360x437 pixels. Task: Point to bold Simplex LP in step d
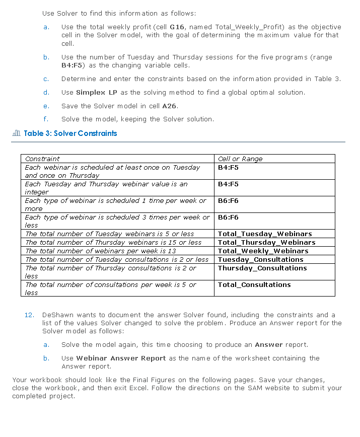coord(97,93)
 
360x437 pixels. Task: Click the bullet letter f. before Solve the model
coord(46,119)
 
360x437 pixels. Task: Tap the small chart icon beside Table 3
coord(16,133)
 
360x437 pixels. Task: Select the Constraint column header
coord(42,159)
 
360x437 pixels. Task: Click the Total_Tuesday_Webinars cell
coord(265,234)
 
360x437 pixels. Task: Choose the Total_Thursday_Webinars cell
coord(266,243)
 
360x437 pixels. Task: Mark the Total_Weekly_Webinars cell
coord(263,251)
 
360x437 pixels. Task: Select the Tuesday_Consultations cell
coord(260,260)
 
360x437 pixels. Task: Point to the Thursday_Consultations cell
coord(262,268)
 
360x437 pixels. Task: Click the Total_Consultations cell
coord(254,285)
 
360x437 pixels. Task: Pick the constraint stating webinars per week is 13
coord(101,251)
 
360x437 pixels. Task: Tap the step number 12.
coord(29,315)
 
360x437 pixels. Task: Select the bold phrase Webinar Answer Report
coord(121,358)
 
